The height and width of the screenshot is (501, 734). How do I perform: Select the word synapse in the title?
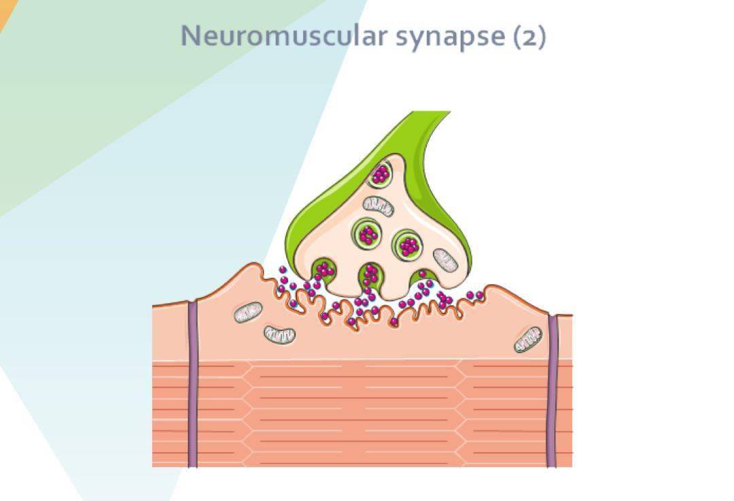(450, 37)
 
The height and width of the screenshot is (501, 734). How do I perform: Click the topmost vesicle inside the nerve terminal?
(380, 174)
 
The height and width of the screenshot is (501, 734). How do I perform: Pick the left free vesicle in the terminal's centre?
(367, 233)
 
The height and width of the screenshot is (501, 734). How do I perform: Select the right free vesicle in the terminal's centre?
(408, 245)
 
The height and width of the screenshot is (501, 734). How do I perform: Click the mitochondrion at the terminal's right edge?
(445, 260)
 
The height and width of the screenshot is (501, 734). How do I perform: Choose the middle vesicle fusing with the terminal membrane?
(370, 275)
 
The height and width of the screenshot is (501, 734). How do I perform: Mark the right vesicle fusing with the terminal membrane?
(423, 279)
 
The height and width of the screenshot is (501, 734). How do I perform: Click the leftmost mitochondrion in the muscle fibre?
(249, 312)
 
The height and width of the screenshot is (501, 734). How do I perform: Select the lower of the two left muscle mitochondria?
(279, 334)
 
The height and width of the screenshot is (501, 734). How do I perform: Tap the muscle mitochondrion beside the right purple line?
(528, 339)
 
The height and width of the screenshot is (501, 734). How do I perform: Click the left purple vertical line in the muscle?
(192, 384)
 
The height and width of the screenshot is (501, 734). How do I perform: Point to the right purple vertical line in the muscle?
(553, 391)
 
